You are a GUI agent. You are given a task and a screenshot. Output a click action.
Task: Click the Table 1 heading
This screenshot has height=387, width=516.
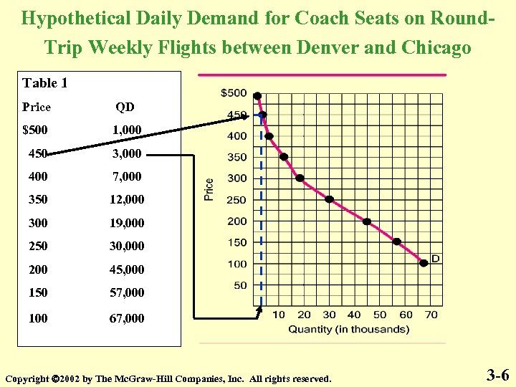pyautogui.click(x=45, y=83)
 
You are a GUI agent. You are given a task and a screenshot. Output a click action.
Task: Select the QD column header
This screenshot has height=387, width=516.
pyautogui.click(x=125, y=107)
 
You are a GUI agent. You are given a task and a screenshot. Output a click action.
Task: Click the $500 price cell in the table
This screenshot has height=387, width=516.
pyautogui.click(x=37, y=130)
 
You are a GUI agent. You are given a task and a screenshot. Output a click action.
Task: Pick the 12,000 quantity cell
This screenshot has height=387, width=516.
pyautogui.click(x=128, y=199)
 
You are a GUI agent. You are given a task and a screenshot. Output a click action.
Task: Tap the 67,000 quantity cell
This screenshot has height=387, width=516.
pyautogui.click(x=128, y=317)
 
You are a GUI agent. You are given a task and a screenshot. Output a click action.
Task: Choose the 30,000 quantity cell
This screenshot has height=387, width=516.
pyautogui.click(x=128, y=246)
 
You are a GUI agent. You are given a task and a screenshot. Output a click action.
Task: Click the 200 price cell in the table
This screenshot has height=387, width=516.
pyautogui.click(x=38, y=269)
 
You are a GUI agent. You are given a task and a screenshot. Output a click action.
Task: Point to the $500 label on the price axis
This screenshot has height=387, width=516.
pyautogui.click(x=233, y=92)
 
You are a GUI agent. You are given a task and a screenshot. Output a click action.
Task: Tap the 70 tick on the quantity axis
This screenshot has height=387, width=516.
pyautogui.click(x=431, y=315)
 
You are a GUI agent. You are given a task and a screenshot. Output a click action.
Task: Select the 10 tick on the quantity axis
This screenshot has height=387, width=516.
pyautogui.click(x=279, y=315)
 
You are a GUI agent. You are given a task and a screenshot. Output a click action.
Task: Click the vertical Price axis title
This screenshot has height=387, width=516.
pyautogui.click(x=209, y=189)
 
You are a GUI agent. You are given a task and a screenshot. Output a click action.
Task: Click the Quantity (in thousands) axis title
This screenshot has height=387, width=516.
pyautogui.click(x=348, y=330)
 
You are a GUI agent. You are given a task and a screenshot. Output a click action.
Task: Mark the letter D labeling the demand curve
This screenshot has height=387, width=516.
pyautogui.click(x=435, y=258)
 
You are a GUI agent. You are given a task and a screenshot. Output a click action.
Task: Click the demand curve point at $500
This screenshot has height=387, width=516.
pyautogui.click(x=257, y=96)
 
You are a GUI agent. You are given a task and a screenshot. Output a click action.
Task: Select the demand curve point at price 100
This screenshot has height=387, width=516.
pyautogui.click(x=424, y=263)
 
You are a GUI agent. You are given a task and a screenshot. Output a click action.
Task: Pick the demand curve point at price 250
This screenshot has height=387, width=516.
pyautogui.click(x=329, y=199)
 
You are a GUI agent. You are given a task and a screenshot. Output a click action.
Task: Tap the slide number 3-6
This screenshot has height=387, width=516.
pyautogui.click(x=497, y=374)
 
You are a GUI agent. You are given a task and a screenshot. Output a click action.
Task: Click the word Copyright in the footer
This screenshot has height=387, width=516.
pyautogui.click(x=27, y=378)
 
